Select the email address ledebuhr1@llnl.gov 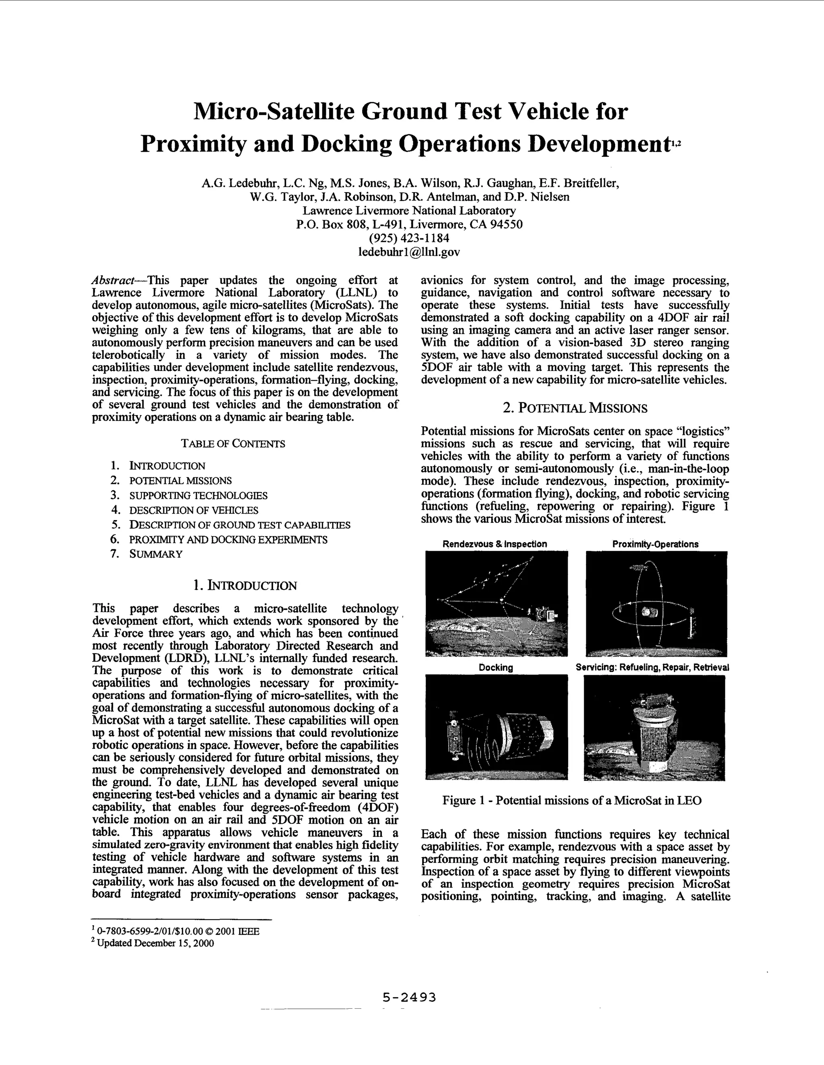point(409,252)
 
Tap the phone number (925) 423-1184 point(409,238)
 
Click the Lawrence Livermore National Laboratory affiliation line point(409,211)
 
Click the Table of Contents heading point(233,444)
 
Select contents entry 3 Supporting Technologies point(198,496)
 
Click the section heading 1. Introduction point(245,586)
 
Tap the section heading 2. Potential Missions point(575,408)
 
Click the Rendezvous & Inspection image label point(494,544)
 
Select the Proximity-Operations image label point(655,544)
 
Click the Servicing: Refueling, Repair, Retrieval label point(652,668)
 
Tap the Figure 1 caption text point(572,800)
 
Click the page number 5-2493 point(409,997)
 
